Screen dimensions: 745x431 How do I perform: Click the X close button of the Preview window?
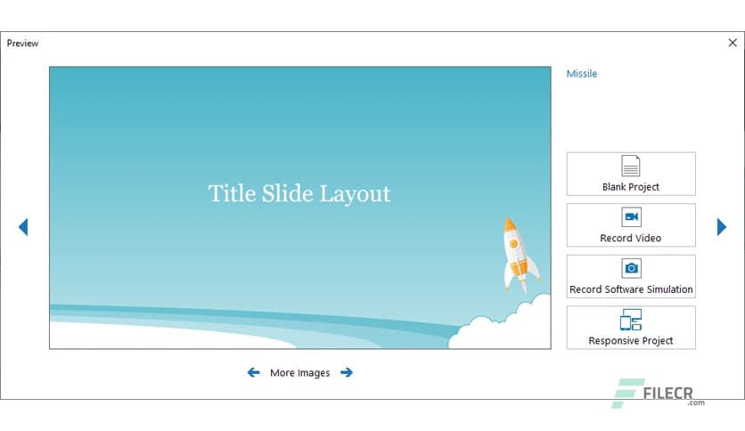point(733,43)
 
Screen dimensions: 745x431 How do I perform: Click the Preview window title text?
point(22,44)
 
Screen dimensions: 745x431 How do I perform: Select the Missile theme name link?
point(582,74)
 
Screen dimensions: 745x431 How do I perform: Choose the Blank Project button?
point(631,174)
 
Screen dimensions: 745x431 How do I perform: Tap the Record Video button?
point(631,225)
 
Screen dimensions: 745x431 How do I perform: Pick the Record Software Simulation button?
point(631,276)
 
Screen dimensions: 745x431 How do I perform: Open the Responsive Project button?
point(631,328)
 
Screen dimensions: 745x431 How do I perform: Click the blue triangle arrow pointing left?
point(23,227)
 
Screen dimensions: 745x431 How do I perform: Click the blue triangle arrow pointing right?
point(722,227)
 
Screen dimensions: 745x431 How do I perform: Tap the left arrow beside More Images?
point(254,372)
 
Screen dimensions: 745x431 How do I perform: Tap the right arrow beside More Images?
point(347,372)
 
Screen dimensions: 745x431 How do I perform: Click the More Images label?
point(299,373)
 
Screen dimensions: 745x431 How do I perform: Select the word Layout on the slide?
point(355,194)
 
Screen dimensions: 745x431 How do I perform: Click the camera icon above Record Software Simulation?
point(631,268)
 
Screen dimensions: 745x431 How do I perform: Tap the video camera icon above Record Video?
point(631,217)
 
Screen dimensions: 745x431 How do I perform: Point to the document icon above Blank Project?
point(631,166)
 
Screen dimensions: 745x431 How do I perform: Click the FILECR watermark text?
point(667,394)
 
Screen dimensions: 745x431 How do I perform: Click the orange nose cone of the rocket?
point(510,224)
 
